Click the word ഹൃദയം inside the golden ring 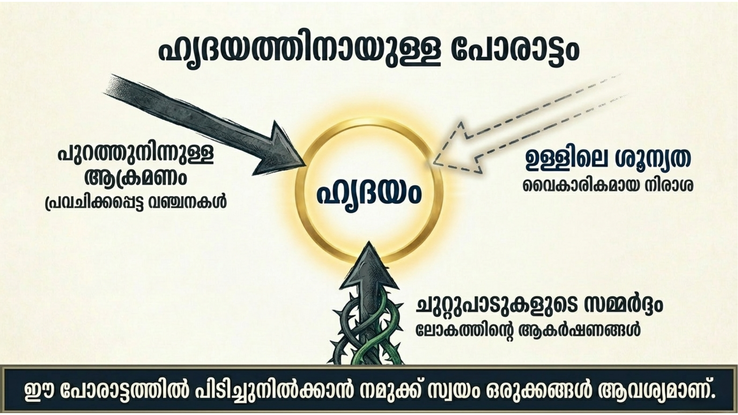369,193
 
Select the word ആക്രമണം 135,178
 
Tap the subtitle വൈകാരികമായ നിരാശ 608,186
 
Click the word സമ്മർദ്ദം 623,305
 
